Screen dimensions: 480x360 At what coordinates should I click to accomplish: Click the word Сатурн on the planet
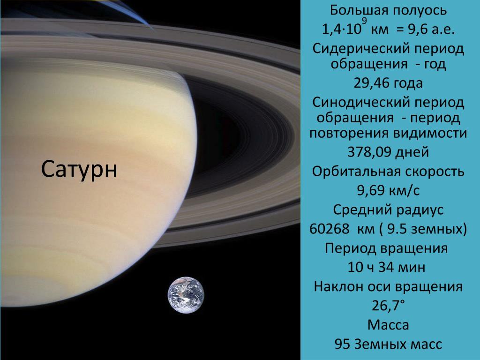point(79,169)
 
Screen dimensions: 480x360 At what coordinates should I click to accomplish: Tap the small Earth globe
point(186,295)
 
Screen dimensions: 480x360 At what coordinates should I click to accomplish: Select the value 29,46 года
point(388,83)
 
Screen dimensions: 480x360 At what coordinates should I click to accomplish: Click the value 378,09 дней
point(388,152)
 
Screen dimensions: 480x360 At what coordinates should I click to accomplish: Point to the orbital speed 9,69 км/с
point(388,190)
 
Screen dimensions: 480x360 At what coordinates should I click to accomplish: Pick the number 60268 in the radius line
point(329,229)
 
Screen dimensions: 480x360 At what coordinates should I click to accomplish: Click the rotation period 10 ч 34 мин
point(386,267)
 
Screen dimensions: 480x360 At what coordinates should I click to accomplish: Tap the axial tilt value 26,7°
point(388,305)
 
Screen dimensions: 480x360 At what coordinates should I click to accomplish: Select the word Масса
point(388,325)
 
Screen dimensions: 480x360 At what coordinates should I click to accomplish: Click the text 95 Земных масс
point(388,344)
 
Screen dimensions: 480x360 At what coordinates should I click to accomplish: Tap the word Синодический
point(360,103)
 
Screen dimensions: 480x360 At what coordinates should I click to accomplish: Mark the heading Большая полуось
point(388,11)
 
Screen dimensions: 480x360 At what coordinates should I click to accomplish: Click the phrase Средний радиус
point(388,210)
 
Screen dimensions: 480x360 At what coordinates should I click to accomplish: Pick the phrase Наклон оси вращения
point(388,286)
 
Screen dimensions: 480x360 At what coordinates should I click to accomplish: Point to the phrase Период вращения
point(386,248)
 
